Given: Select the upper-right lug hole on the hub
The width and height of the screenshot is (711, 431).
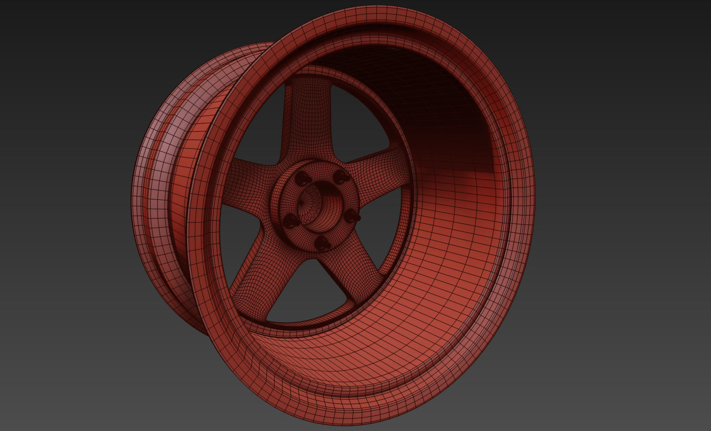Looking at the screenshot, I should (341, 176).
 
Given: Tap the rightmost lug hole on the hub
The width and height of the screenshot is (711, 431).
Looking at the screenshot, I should (353, 215).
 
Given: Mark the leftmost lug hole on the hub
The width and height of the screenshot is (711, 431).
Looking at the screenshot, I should (289, 222).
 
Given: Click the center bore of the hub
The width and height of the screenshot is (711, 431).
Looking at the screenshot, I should (319, 206).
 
